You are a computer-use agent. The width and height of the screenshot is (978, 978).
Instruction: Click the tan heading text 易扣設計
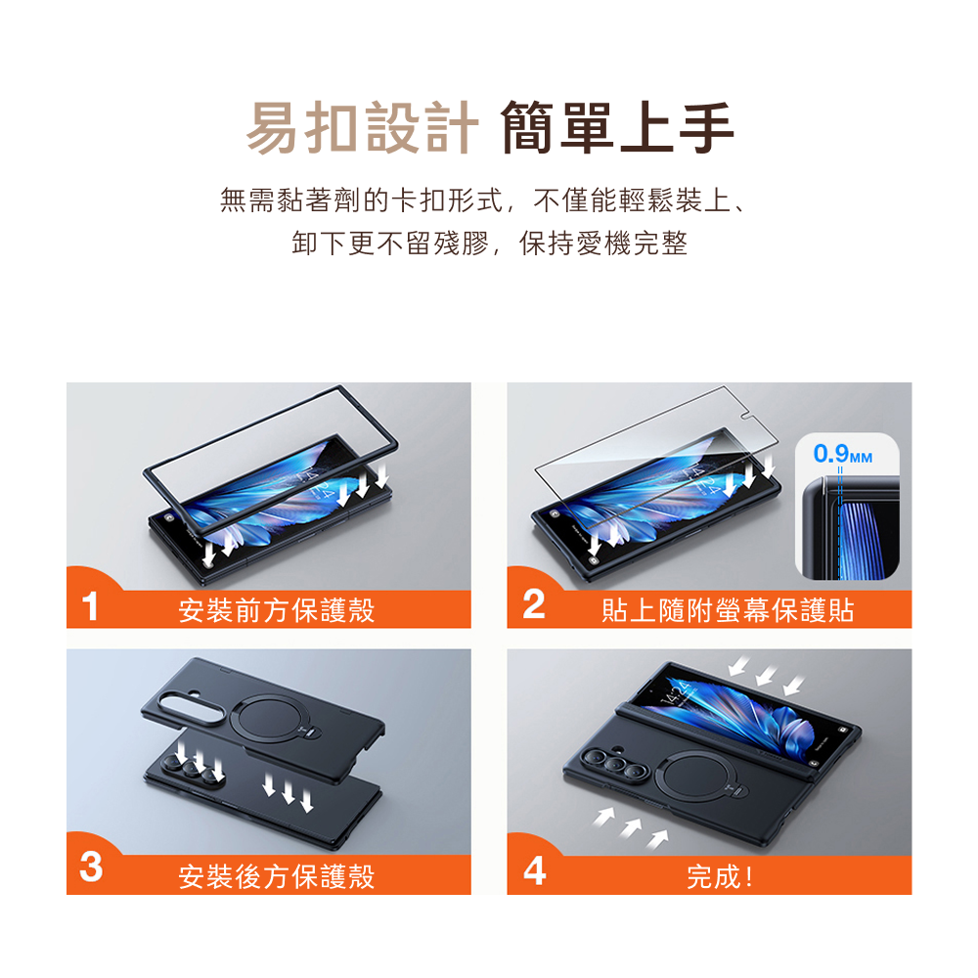coord(363,127)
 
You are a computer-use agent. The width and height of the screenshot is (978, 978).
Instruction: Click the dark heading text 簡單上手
coord(617,127)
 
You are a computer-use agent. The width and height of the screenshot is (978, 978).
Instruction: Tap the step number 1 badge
coord(90,605)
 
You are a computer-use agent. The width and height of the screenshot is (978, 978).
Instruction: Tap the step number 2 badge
coord(534,604)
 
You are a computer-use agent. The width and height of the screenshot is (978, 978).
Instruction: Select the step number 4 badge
coord(535,870)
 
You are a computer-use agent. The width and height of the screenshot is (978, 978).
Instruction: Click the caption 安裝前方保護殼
coord(277,610)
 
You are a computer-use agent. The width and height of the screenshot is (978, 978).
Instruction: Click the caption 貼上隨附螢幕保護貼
coord(728,610)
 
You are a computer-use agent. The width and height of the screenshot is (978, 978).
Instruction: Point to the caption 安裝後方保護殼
coord(277,876)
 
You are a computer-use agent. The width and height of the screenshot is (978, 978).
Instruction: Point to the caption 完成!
coord(720,877)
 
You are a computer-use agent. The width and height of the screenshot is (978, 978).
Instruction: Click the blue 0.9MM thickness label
coord(842,454)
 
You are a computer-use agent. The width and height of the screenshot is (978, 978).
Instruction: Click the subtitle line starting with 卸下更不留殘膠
coord(490,244)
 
